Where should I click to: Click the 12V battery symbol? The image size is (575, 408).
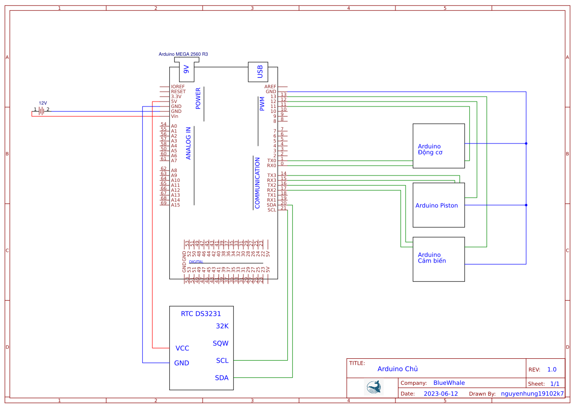tap(42, 111)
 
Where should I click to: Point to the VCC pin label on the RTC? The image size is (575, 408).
tap(182, 348)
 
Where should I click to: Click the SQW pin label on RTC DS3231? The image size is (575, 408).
tap(220, 343)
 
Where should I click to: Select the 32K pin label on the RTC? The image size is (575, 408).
tap(222, 326)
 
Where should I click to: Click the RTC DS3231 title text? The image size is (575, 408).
tap(201, 314)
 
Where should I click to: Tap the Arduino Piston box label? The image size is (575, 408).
tap(436, 205)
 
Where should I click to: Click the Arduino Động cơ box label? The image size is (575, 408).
tap(430, 149)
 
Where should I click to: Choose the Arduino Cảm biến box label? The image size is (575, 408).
tap(431, 258)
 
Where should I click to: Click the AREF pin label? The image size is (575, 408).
tap(270, 87)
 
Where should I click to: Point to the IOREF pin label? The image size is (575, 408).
tap(178, 87)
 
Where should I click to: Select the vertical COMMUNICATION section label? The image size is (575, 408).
tap(257, 183)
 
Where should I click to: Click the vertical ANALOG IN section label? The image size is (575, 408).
tap(188, 143)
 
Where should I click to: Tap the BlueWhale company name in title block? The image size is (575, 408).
tap(449, 383)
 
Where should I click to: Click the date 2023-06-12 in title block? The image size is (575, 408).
tap(440, 394)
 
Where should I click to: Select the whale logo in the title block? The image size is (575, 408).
tap(373, 387)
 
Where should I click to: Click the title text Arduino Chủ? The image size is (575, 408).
tap(397, 369)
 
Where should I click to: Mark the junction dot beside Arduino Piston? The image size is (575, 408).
tap(526, 205)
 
